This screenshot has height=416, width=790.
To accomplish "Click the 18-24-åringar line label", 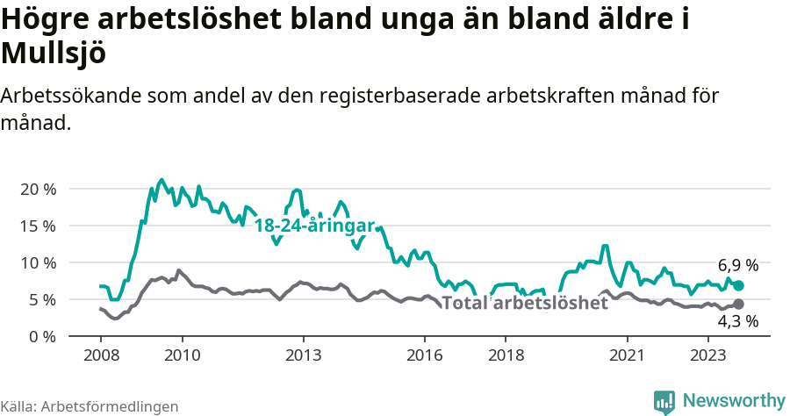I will click(x=314, y=226).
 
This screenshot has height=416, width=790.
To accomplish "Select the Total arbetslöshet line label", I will click(x=525, y=304).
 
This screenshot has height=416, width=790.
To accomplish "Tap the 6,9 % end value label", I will click(x=737, y=265).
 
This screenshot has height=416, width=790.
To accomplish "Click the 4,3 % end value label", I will click(x=737, y=321).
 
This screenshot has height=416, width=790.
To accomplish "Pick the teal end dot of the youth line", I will click(x=738, y=285).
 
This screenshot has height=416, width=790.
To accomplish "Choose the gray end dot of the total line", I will click(x=738, y=304).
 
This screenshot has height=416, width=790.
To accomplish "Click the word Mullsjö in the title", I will click(x=54, y=54).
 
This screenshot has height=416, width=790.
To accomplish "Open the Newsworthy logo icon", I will click(x=664, y=401).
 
